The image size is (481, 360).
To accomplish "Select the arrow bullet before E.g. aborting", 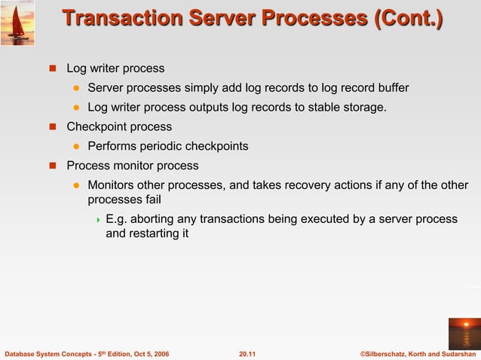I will coord(97,220).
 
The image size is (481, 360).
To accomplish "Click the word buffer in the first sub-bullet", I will coord(391,88).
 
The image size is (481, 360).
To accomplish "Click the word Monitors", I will coord(113,185).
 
